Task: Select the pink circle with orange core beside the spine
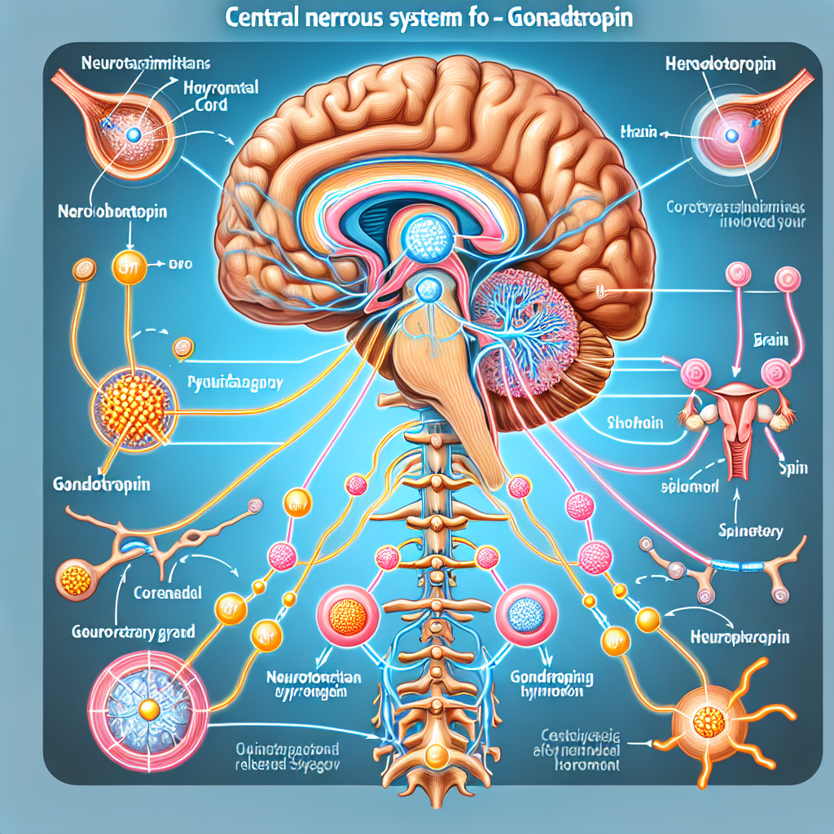point(344,617)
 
